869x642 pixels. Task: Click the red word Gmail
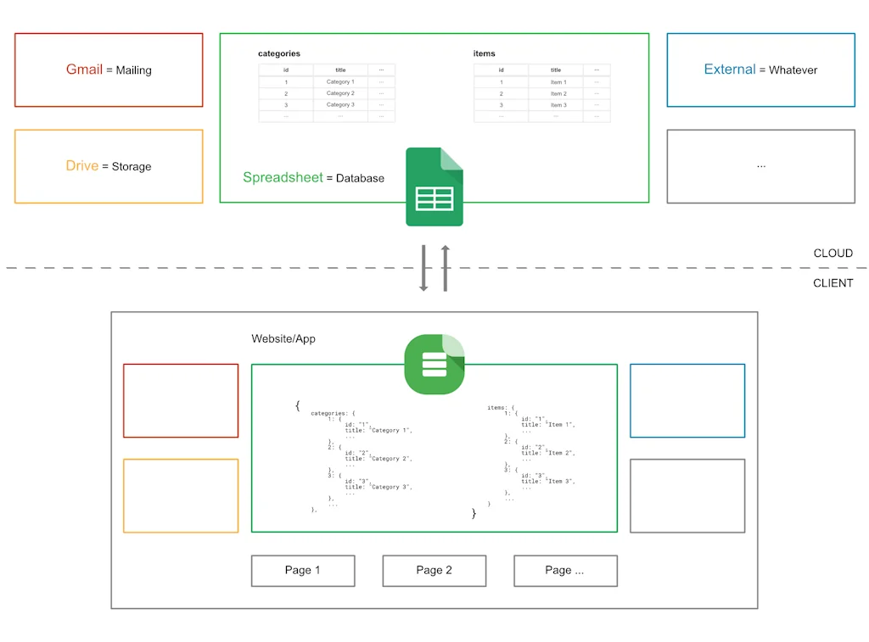[84, 70]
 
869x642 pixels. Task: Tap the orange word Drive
[82, 166]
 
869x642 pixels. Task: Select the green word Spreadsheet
[283, 177]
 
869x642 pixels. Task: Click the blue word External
[729, 70]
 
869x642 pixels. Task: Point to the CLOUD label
[833, 254]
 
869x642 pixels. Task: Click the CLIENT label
[833, 283]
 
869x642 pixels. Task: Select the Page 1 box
[303, 571]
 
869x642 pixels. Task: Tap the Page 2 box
[434, 571]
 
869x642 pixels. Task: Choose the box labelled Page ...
[565, 571]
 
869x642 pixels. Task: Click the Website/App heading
[283, 338]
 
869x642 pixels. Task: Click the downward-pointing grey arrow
[424, 268]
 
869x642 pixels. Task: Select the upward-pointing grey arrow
[445, 268]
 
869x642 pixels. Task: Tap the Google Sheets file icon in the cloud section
[434, 187]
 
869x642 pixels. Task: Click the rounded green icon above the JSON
[434, 365]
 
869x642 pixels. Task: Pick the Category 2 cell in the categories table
[340, 93]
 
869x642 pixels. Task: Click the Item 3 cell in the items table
[558, 105]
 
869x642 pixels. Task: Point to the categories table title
[279, 53]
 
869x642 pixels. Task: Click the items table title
[484, 53]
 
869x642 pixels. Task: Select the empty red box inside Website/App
[181, 401]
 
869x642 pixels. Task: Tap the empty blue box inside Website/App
[687, 401]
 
